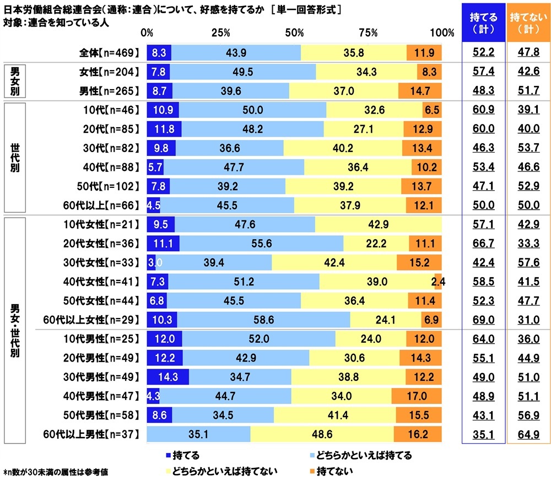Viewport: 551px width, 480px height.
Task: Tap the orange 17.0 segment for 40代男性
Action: [417, 395]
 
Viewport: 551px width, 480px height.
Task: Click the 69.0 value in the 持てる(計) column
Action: [483, 320]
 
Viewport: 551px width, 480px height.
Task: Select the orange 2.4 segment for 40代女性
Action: [438, 282]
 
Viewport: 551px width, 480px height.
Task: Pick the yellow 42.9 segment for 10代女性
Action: [378, 225]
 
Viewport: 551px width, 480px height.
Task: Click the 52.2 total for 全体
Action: [483, 53]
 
